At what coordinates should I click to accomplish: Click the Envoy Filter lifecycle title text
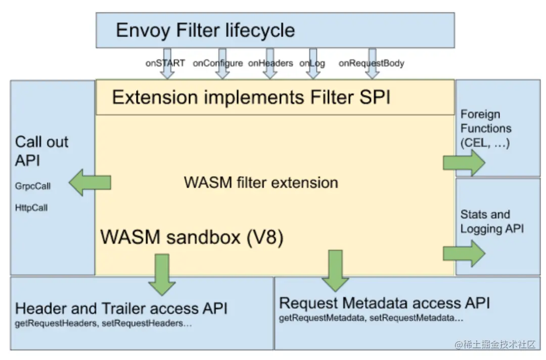205,30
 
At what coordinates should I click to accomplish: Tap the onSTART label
165,63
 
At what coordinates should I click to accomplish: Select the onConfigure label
218,63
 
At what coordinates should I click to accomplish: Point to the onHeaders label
270,63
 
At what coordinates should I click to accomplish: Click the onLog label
312,63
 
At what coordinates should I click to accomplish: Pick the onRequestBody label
371,63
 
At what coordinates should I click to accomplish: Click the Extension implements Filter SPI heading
251,97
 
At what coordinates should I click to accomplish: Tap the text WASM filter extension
261,182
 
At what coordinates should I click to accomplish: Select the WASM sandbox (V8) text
192,237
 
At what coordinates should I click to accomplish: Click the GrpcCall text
33,186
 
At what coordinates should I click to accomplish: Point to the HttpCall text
31,207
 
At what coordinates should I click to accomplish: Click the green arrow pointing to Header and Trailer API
162,274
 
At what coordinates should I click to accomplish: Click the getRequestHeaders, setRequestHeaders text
103,323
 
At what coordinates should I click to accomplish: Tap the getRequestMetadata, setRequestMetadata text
371,318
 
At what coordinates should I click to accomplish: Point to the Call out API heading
41,151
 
